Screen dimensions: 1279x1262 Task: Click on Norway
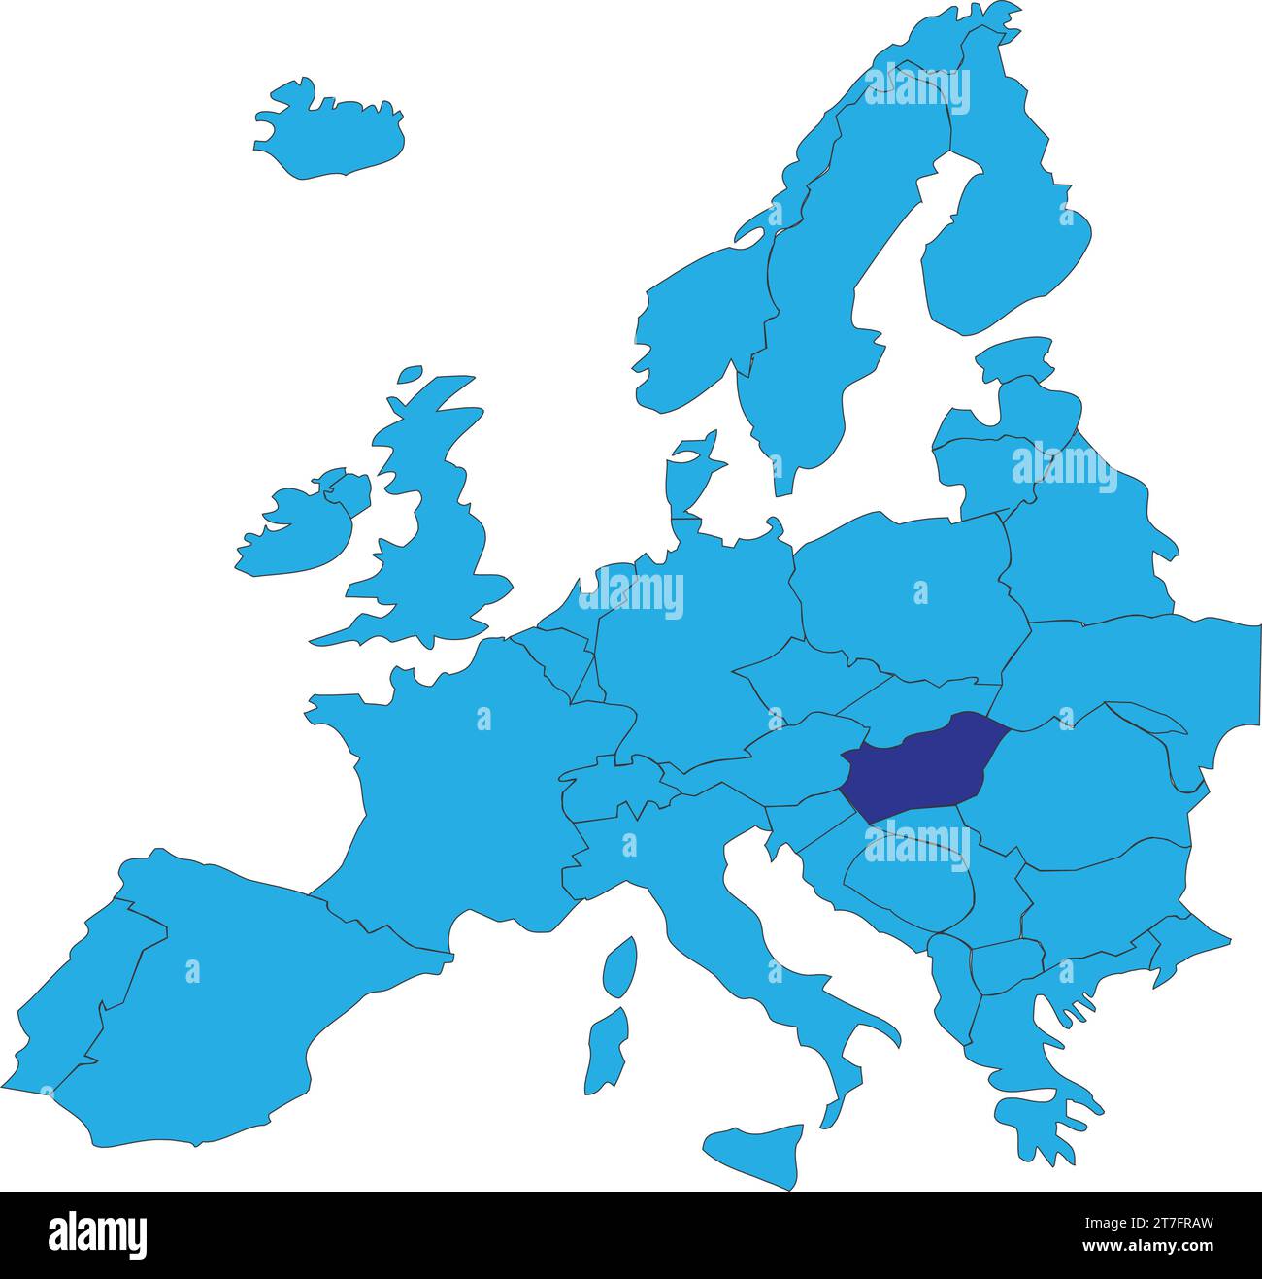pos(699,320)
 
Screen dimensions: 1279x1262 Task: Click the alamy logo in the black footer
pos(98,1234)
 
